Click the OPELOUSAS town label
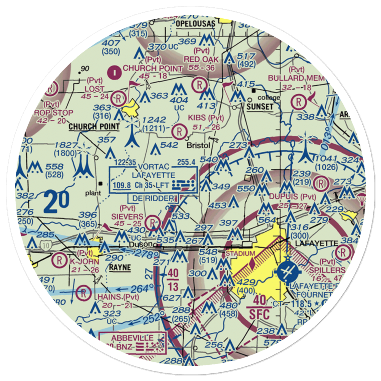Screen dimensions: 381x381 195,24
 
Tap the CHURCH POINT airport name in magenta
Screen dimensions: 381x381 152,69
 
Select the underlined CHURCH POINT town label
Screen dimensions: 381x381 94,126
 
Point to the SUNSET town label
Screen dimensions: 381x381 260,107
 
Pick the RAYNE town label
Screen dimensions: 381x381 120,267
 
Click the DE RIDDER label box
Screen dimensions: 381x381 154,198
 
